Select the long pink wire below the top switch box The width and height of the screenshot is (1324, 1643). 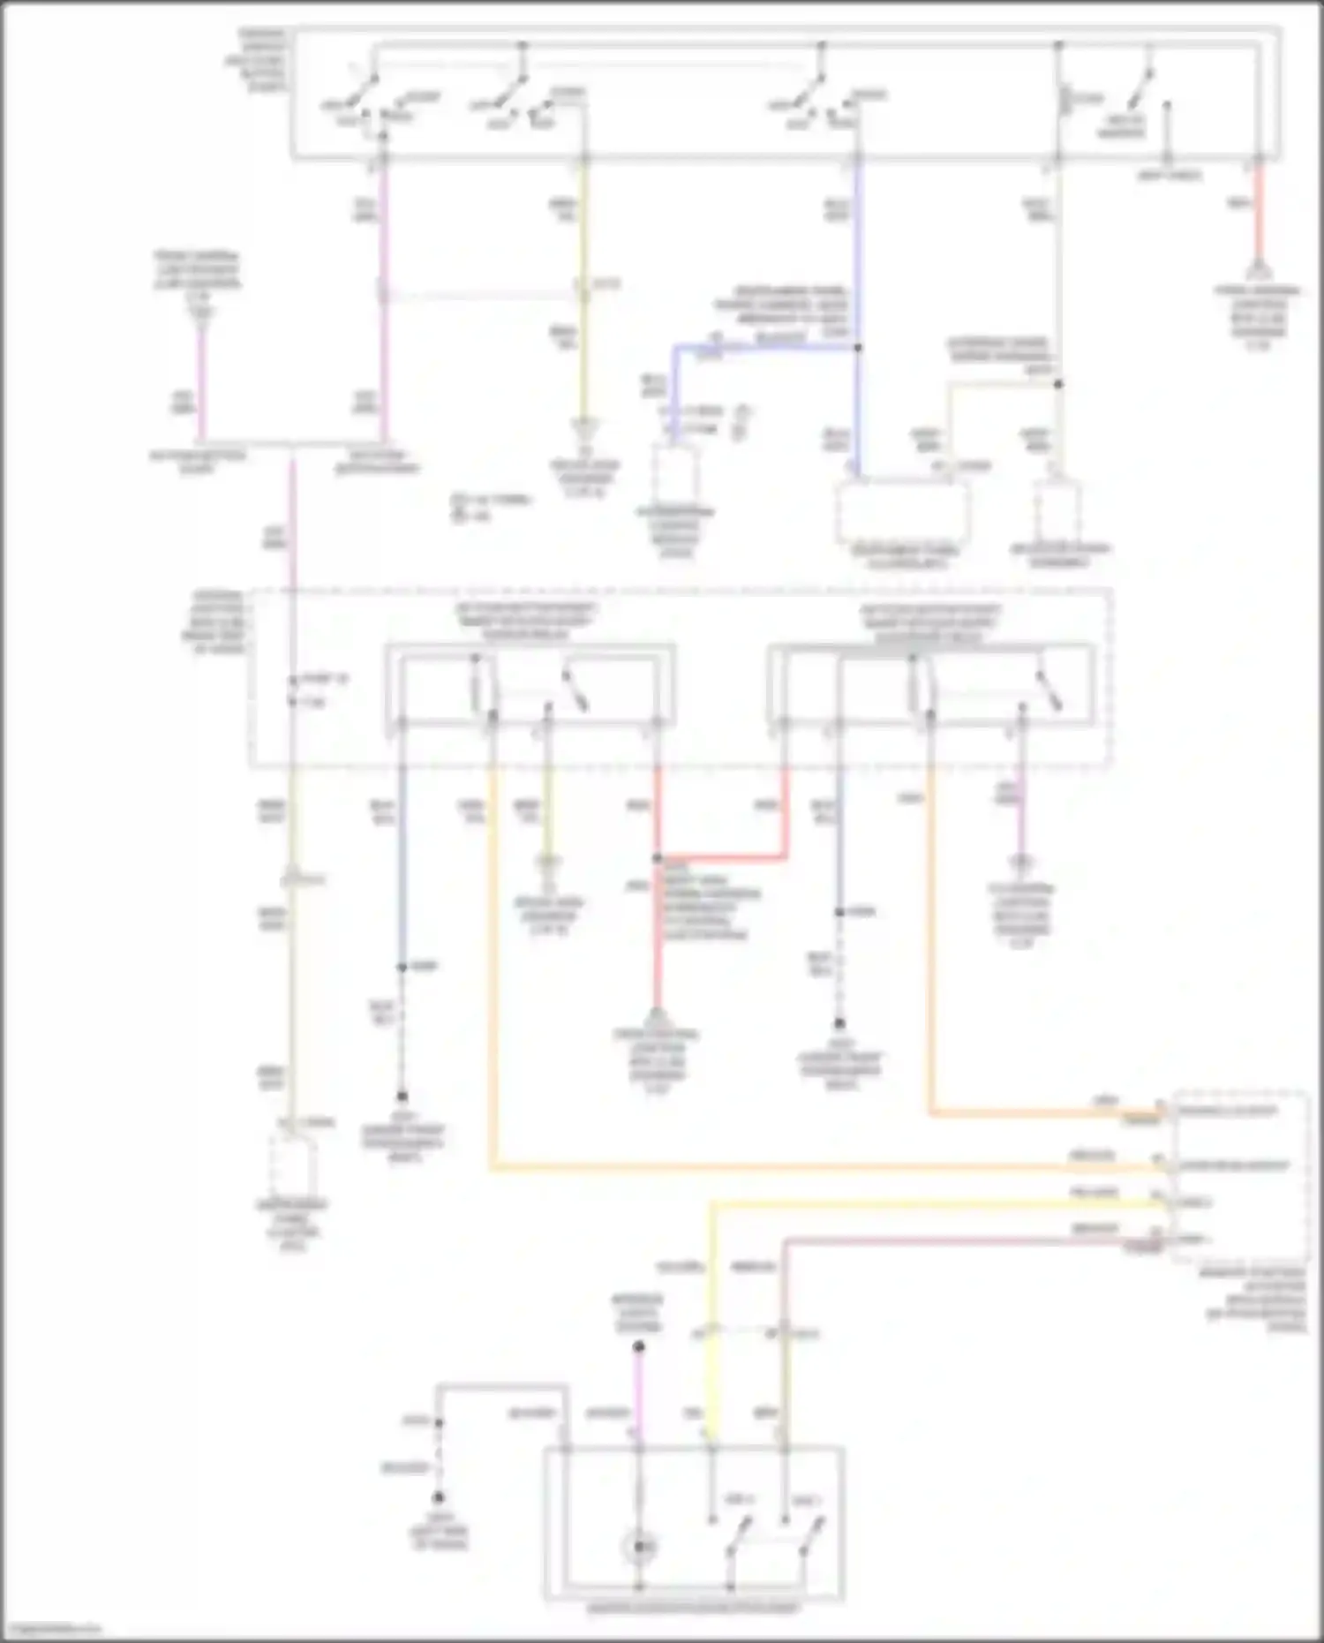point(383,300)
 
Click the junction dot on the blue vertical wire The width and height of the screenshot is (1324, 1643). point(858,348)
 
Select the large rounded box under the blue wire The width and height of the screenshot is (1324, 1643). point(903,513)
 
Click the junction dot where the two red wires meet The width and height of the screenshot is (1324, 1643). point(658,858)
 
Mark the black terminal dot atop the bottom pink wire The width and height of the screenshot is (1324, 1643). point(639,1347)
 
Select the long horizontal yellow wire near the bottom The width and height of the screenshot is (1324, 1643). point(936,1202)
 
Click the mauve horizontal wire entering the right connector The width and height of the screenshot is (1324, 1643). point(971,1240)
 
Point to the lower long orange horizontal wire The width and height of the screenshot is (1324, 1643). point(821,1168)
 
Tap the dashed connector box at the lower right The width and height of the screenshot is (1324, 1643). point(1240,1174)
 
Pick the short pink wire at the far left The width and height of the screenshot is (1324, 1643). point(202,380)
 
